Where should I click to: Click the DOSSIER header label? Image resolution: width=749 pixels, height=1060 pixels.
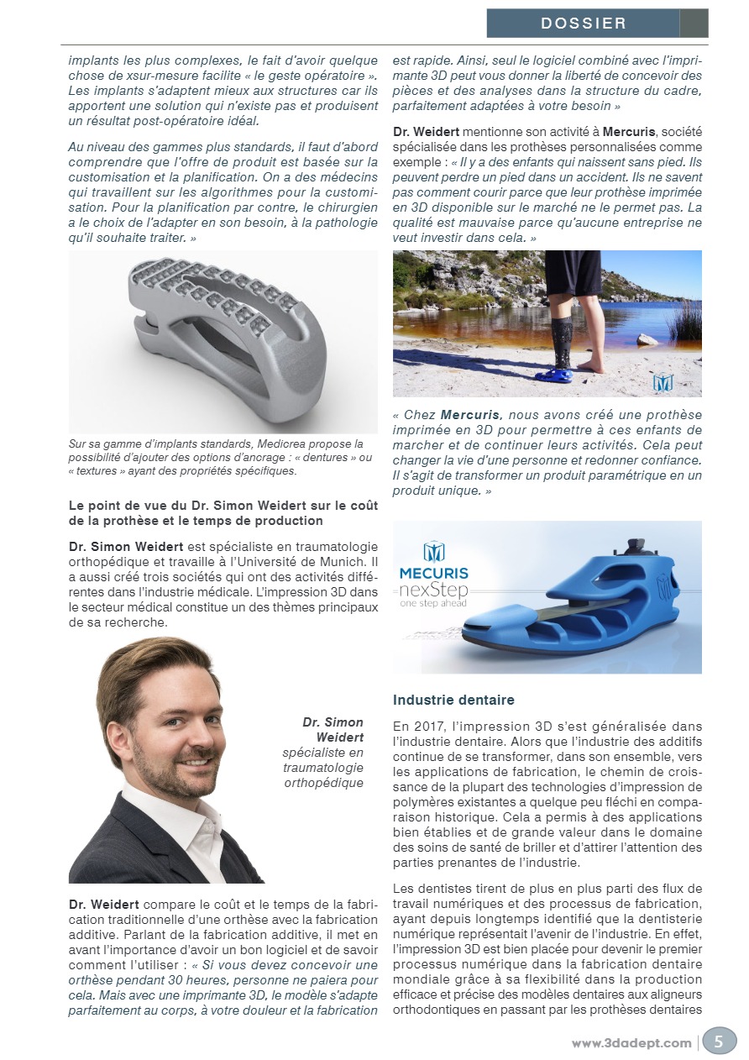[583, 24]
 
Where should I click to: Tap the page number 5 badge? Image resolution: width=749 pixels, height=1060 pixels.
[718, 1041]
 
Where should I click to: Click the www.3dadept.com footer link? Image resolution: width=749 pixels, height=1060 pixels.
[631, 1042]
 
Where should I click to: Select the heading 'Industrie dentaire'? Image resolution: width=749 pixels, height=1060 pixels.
[453, 700]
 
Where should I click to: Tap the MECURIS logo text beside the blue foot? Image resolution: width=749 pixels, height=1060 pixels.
[434, 574]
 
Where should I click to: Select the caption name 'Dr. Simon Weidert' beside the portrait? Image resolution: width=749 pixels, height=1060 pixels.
[333, 729]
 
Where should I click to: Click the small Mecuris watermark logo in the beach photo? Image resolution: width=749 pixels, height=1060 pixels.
[663, 382]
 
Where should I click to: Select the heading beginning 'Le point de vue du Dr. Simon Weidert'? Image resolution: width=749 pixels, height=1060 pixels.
[223, 513]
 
